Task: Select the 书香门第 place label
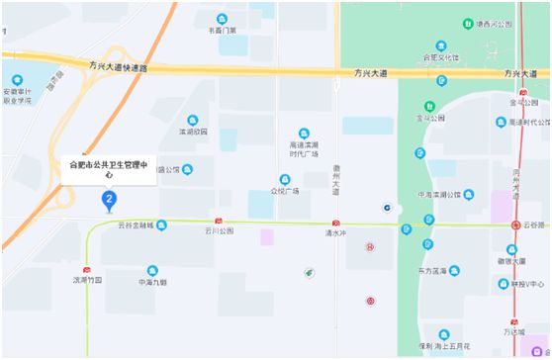point(222,30)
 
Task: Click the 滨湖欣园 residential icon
point(193,120)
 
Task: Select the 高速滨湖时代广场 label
point(310,148)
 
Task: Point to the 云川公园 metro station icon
point(219,222)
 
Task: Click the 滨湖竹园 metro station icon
point(88,270)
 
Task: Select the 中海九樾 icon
point(152,270)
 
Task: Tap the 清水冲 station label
point(336,233)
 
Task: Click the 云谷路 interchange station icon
point(516,225)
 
